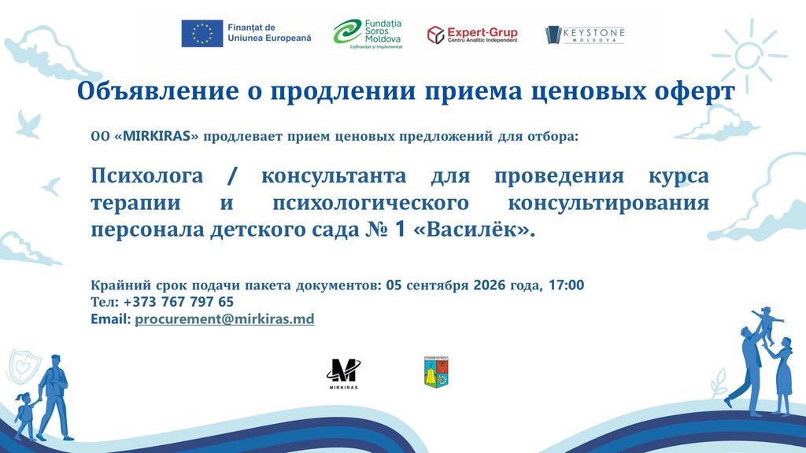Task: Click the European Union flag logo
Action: [x=202, y=33]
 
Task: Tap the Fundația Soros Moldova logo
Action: [x=368, y=34]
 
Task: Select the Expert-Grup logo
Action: [x=472, y=35]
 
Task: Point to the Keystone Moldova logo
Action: [x=585, y=35]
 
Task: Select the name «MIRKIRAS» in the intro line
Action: [x=156, y=137]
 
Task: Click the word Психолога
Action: [x=147, y=176]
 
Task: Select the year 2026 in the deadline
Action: [x=490, y=285]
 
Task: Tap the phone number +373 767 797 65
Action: [x=179, y=301]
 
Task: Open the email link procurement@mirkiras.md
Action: [x=224, y=319]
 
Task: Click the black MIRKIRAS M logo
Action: [x=343, y=374]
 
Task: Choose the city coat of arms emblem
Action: [x=436, y=372]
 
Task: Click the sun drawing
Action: [x=749, y=56]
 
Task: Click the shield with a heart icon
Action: [x=23, y=366]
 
